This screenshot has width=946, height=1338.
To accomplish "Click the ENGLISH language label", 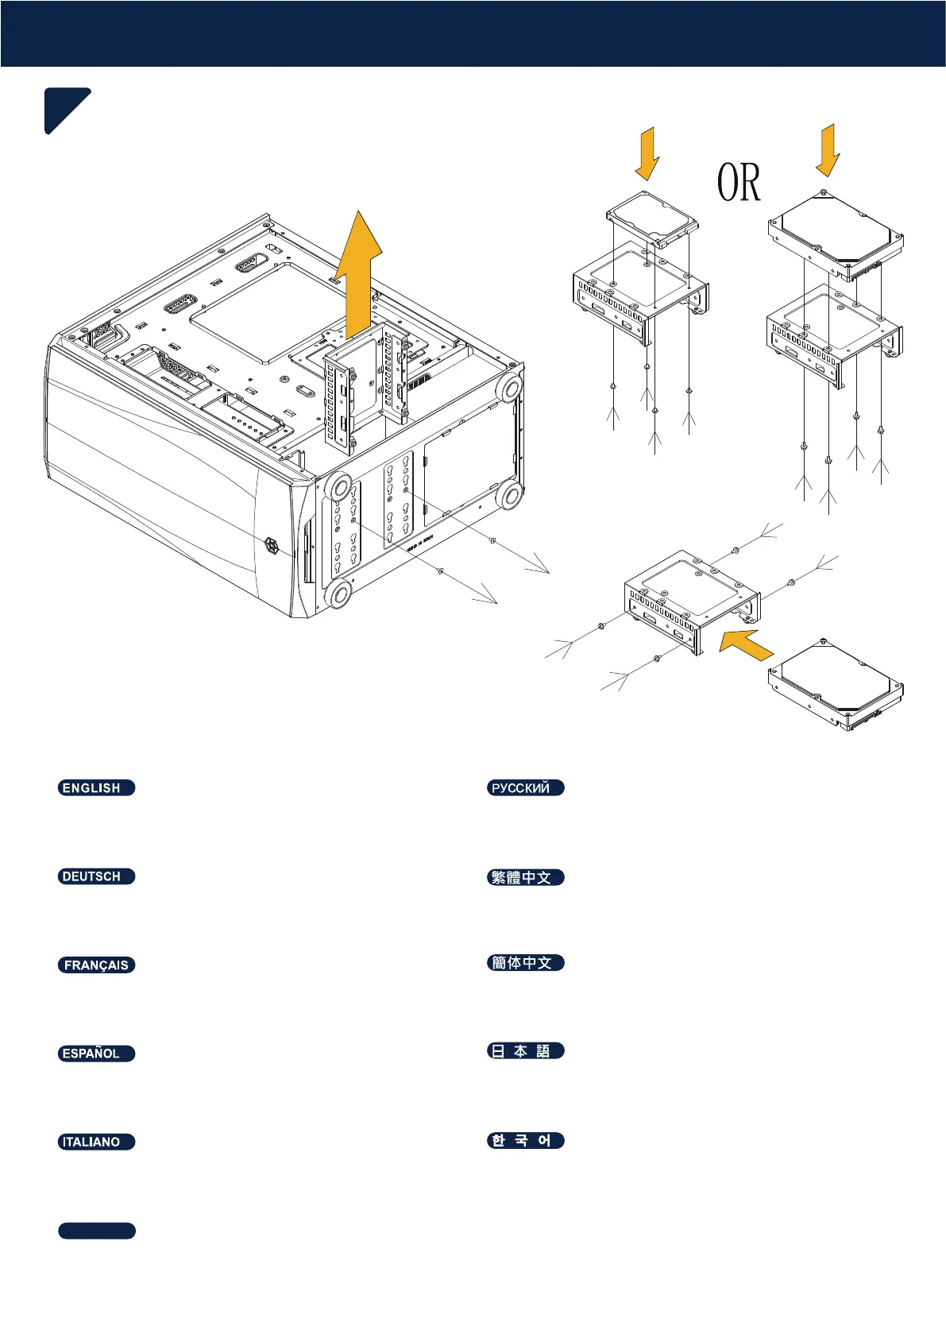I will pyautogui.click(x=96, y=787).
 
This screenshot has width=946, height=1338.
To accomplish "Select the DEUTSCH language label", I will pyautogui.click(x=96, y=876).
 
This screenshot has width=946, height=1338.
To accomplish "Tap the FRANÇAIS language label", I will pyautogui.click(x=96, y=965).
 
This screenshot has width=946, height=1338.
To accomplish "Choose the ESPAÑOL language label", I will pyautogui.click(x=96, y=1054).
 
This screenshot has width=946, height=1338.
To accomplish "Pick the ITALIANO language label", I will pyautogui.click(x=96, y=1142).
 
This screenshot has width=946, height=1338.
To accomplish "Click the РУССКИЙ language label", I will pyautogui.click(x=525, y=787).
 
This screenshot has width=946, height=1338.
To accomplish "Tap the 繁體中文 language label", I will pyautogui.click(x=525, y=877).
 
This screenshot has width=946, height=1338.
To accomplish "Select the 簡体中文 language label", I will pyautogui.click(x=525, y=963).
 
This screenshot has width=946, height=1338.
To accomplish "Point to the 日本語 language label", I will pyautogui.click(x=525, y=1051).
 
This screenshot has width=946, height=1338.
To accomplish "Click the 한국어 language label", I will pyautogui.click(x=525, y=1141).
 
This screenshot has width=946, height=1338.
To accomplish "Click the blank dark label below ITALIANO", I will pyautogui.click(x=96, y=1231).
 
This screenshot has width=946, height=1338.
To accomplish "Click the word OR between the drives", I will pyautogui.click(x=739, y=183).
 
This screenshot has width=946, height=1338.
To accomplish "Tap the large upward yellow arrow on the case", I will pyautogui.click(x=358, y=270).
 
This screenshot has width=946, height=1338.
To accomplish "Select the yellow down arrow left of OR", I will pyautogui.click(x=648, y=153).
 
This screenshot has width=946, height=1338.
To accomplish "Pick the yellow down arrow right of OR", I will pyautogui.click(x=828, y=149).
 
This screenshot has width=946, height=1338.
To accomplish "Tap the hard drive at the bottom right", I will pyautogui.click(x=836, y=685).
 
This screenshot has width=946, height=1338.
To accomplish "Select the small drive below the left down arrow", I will pyautogui.click(x=651, y=217).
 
